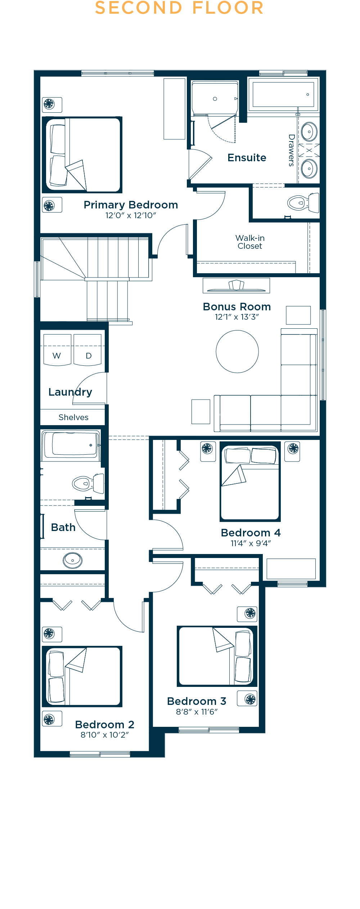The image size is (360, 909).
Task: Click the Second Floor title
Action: [x=179, y=8]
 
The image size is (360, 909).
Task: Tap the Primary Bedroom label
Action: [x=131, y=205]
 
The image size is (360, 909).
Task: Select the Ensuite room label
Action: [x=247, y=158]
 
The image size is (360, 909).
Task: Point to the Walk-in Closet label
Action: [x=250, y=242]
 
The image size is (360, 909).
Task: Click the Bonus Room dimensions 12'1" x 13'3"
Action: [x=237, y=317]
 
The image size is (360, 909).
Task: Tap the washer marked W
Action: [x=57, y=350]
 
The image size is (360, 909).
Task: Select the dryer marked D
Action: [x=87, y=350]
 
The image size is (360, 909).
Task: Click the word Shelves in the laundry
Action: [x=73, y=417]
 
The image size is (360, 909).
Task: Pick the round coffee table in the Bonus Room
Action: [x=237, y=352]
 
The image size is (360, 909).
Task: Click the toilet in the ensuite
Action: [x=303, y=203]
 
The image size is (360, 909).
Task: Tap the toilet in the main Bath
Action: [x=88, y=483]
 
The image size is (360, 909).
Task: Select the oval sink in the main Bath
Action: [x=73, y=561]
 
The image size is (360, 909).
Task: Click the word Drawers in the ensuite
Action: [x=292, y=150]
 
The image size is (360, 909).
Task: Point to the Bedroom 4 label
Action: [x=251, y=533]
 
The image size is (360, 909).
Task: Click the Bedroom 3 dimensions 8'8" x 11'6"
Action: [x=197, y=712]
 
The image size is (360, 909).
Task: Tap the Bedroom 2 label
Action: [x=105, y=724]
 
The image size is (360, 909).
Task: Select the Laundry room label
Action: [x=70, y=392]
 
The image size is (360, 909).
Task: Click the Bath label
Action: [x=63, y=527]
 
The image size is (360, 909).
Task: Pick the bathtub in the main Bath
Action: [x=72, y=445]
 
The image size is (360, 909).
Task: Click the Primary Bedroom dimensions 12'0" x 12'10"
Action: [x=131, y=215]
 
